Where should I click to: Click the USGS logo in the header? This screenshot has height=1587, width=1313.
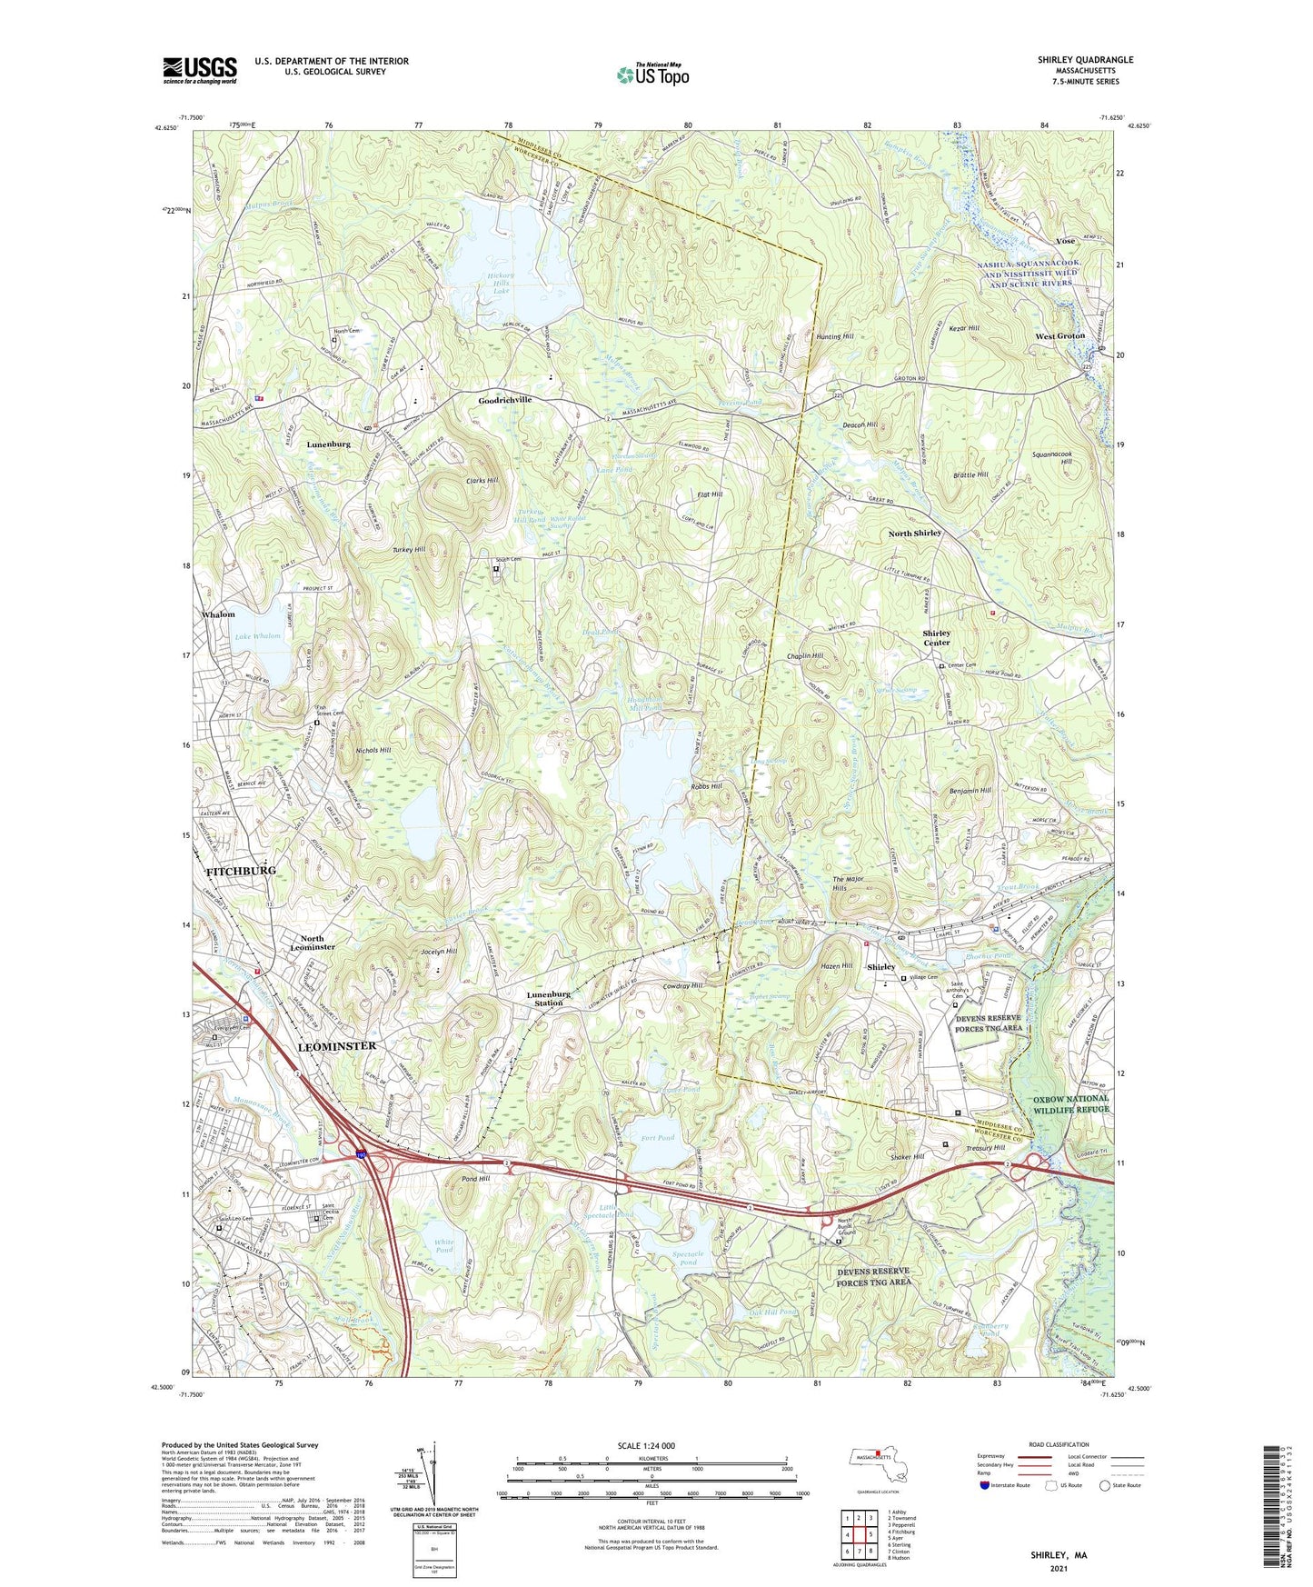(x=199, y=69)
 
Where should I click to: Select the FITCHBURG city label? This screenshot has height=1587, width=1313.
(x=241, y=871)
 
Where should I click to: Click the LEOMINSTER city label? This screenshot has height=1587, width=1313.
(x=336, y=1046)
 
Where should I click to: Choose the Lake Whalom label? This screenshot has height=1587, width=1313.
(x=258, y=636)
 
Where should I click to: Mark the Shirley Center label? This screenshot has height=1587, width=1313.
(x=937, y=637)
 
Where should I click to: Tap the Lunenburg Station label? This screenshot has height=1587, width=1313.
(x=549, y=998)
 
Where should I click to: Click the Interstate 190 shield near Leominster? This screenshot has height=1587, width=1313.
(x=362, y=1155)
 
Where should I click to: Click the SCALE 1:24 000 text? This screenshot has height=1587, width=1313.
(x=646, y=1446)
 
